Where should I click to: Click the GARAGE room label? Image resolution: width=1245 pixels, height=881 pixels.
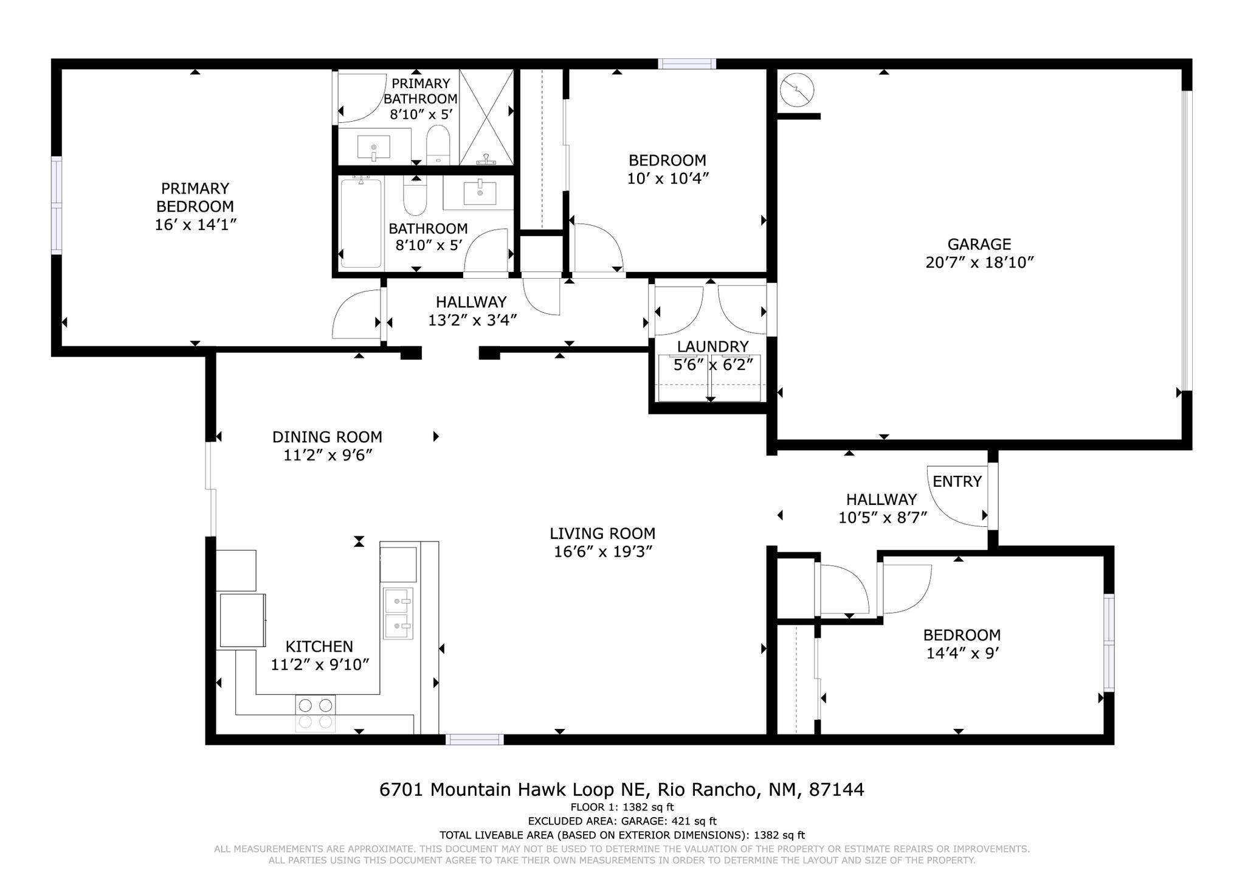click(x=979, y=244)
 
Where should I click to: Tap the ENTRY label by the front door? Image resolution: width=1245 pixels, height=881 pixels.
click(x=957, y=481)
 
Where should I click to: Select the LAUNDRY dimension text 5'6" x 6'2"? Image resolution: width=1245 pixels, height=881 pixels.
click(x=713, y=365)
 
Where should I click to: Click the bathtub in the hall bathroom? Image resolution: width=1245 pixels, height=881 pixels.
click(x=360, y=223)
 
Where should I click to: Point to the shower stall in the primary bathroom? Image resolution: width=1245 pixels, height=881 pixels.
click(x=486, y=117)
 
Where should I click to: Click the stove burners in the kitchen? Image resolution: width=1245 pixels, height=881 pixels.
click(x=316, y=713)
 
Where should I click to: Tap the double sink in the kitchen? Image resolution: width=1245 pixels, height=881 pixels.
click(x=398, y=613)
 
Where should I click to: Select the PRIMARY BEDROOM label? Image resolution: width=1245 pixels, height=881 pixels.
click(x=195, y=197)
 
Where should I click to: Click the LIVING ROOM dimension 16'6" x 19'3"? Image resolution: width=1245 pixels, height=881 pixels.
click(x=602, y=552)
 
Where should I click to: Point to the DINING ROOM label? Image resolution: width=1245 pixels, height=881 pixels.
click(x=327, y=437)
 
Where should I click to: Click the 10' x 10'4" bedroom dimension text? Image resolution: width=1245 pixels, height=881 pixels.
click(x=667, y=179)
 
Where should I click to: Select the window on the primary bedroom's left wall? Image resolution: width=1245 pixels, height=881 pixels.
click(x=57, y=205)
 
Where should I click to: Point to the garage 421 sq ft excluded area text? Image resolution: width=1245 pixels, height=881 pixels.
click(x=622, y=821)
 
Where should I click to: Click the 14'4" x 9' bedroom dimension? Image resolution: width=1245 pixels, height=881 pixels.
click(x=962, y=653)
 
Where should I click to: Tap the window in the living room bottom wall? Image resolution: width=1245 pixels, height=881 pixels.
click(x=475, y=739)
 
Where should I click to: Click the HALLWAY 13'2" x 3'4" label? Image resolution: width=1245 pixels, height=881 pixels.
click(x=472, y=320)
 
